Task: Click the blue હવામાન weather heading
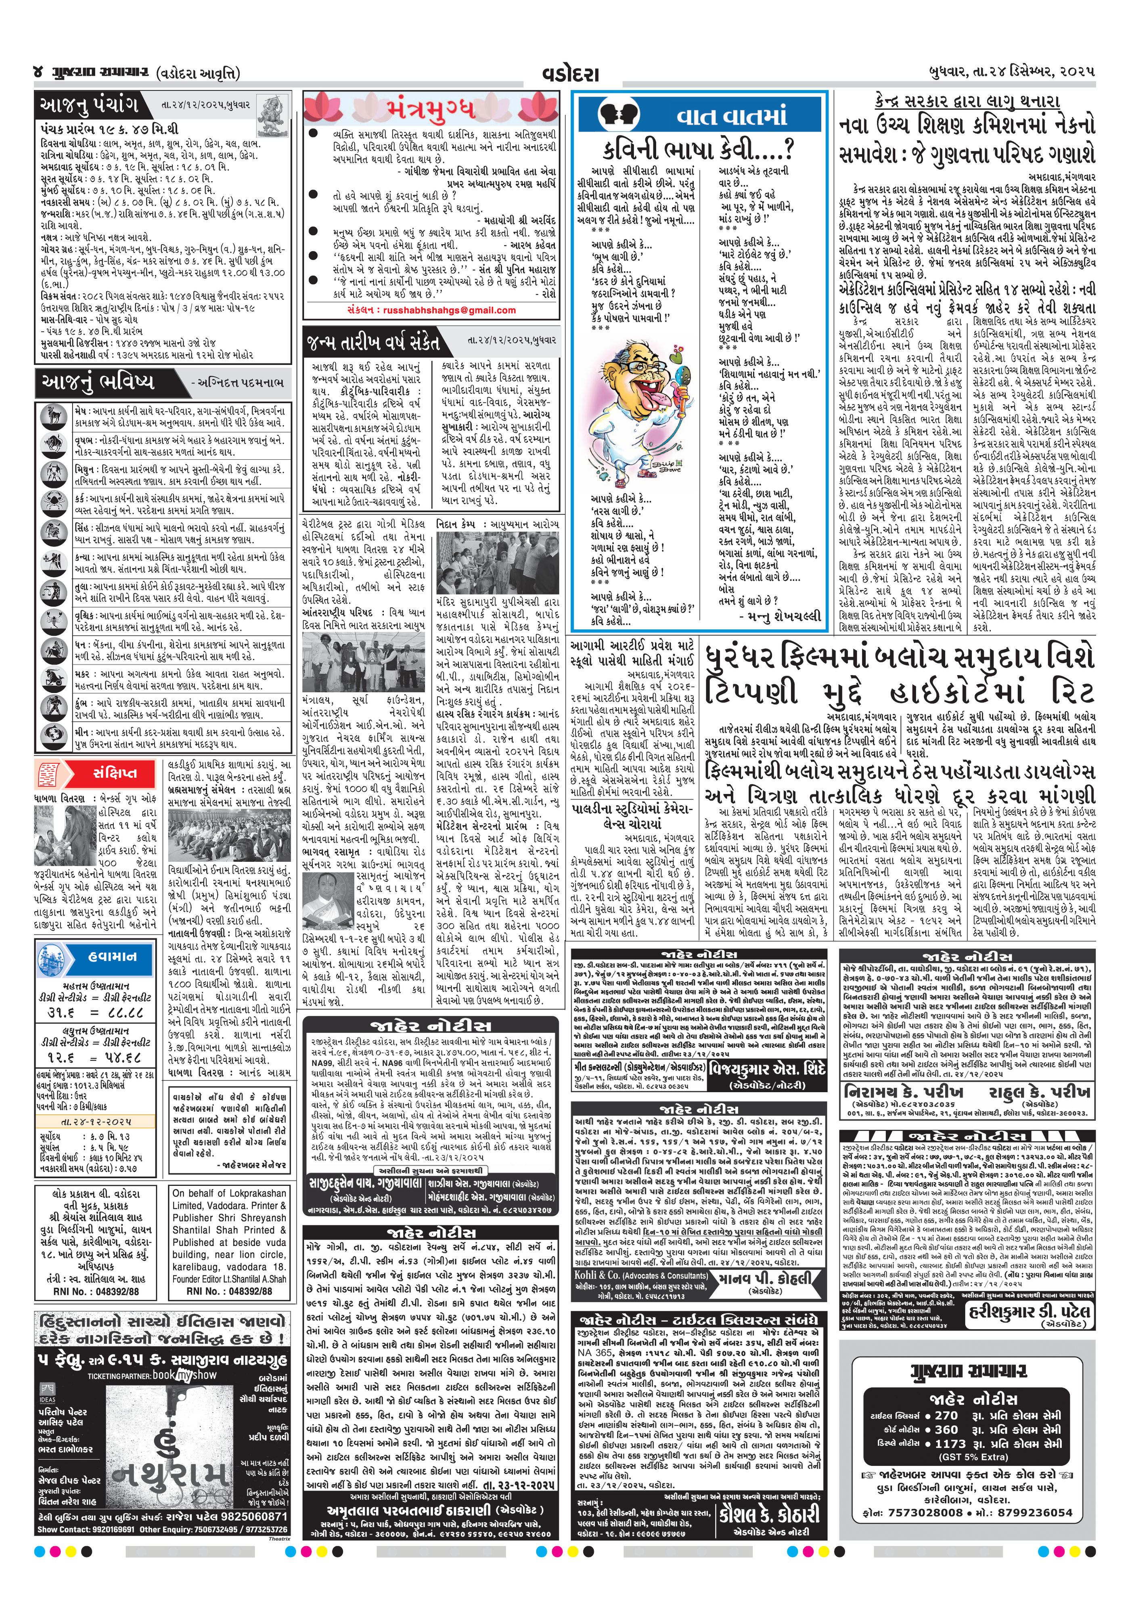click(108, 956)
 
